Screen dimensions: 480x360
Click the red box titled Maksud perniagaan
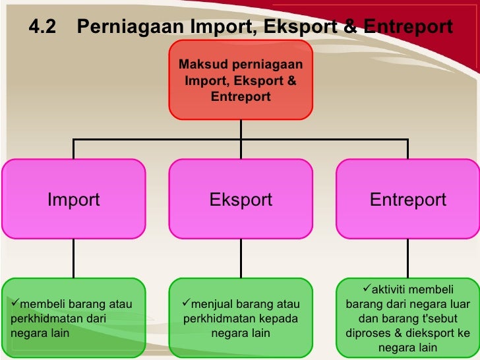click(241, 80)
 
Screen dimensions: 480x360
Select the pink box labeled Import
click(73, 199)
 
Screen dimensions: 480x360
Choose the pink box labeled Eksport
click(241, 199)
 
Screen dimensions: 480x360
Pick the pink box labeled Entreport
click(408, 199)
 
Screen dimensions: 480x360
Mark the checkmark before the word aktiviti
click(367, 290)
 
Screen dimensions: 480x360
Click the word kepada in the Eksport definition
click(279, 318)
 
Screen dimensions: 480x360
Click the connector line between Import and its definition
click(73, 258)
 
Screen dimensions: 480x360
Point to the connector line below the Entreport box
click(408, 258)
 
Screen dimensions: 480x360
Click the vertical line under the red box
click(241, 129)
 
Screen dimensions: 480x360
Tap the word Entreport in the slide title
click(408, 27)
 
